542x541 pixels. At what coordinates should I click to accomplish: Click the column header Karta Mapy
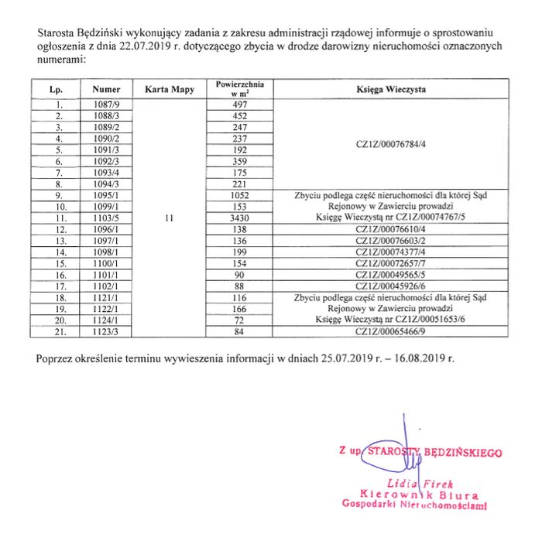pyautogui.click(x=169, y=90)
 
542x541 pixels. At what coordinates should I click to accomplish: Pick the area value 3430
pyautogui.click(x=239, y=218)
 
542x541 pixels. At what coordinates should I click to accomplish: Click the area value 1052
pyautogui.click(x=239, y=196)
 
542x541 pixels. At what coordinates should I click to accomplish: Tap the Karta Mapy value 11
pyautogui.click(x=169, y=218)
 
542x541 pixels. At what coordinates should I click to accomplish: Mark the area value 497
pyautogui.click(x=239, y=104)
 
